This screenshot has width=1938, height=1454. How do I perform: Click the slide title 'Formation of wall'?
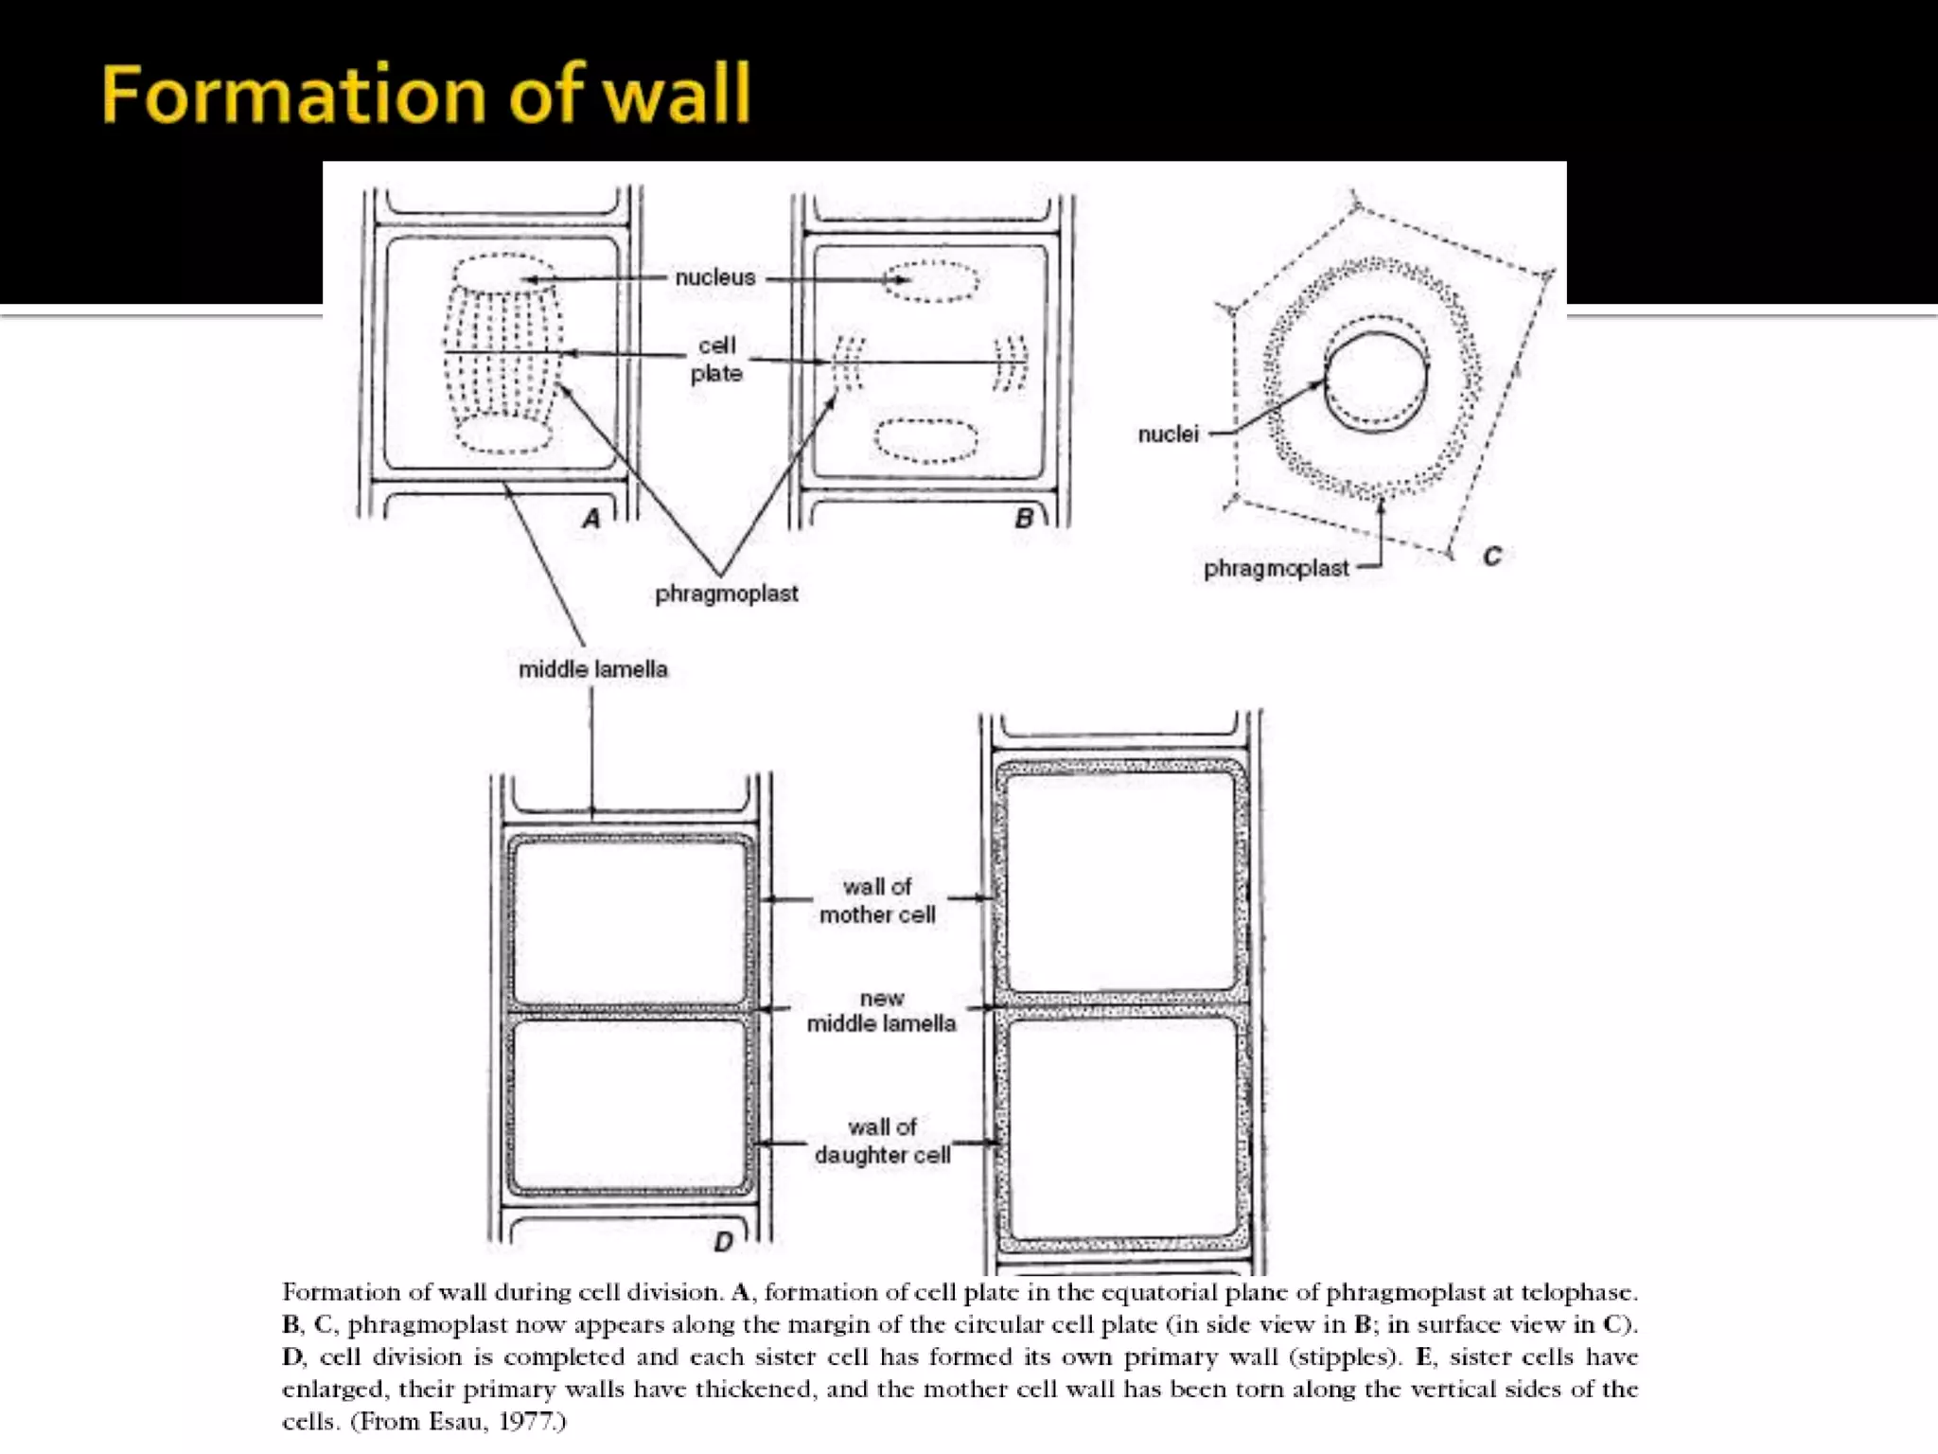click(426, 95)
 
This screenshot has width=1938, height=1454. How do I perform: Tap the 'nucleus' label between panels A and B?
click(715, 277)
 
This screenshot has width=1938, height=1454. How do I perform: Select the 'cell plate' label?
click(716, 360)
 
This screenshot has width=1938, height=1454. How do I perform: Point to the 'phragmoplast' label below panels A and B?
click(726, 594)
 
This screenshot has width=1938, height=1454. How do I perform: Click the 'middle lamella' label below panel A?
click(592, 669)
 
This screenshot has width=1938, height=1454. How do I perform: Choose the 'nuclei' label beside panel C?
click(1168, 434)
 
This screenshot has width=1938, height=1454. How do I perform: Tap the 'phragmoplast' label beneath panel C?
click(1276, 569)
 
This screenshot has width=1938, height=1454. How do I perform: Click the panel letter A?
click(591, 519)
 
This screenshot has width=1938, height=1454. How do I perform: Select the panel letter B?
click(1023, 519)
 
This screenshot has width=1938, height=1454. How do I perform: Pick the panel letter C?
click(1492, 557)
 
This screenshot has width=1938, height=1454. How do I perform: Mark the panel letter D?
click(723, 1242)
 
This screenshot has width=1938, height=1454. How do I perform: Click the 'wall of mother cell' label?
click(877, 900)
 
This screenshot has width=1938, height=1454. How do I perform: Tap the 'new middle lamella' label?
click(881, 1011)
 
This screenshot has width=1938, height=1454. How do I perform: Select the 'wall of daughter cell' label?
click(882, 1141)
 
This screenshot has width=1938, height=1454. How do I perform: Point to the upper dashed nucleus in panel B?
click(931, 281)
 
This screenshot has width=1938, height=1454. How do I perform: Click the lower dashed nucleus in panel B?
click(925, 440)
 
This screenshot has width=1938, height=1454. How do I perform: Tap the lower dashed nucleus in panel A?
click(504, 434)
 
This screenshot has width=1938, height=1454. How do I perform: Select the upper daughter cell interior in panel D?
click(628, 921)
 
